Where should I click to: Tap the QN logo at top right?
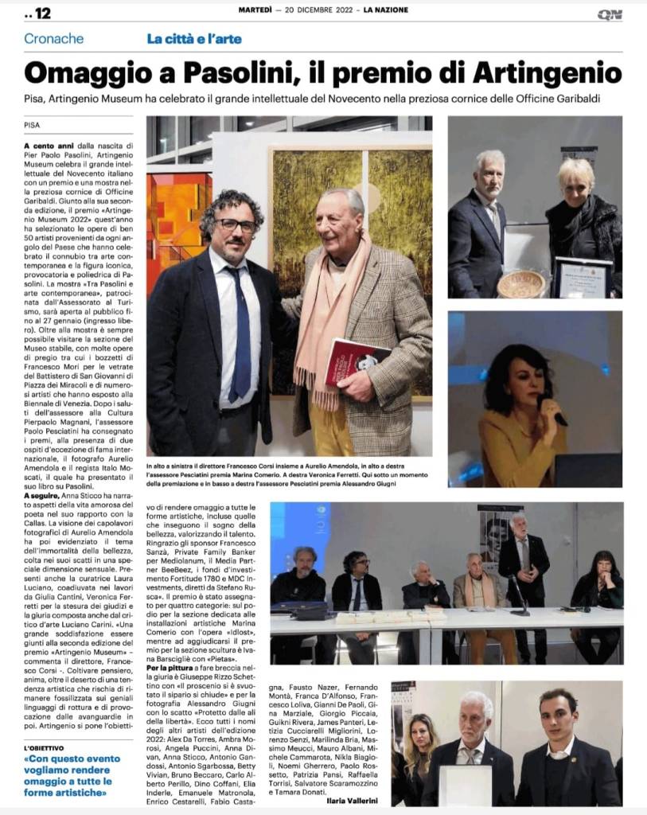610,14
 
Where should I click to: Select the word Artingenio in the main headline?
547,72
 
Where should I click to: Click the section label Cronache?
53,38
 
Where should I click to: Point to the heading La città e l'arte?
194,38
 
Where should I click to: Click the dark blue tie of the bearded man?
241,334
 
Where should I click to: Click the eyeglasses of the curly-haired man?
235,225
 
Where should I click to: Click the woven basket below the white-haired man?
521,283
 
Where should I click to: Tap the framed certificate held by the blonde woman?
583,277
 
